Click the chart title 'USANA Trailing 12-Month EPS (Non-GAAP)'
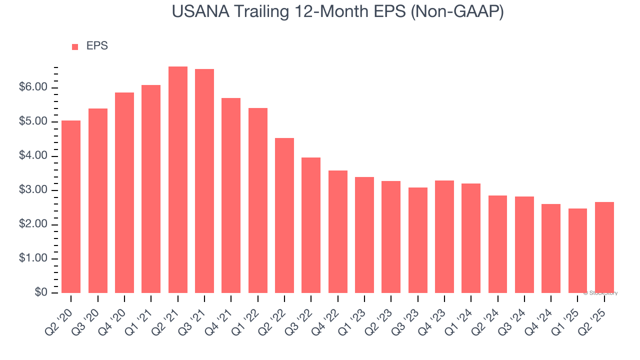(x=337, y=11)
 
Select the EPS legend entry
(x=90, y=46)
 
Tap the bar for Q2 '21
(x=178, y=180)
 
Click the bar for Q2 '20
(x=71, y=206)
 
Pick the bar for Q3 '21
(x=204, y=181)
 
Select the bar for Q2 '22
(x=284, y=215)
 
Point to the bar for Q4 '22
(x=338, y=231)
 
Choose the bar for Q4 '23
(x=444, y=236)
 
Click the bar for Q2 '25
(x=604, y=247)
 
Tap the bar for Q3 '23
(x=417, y=240)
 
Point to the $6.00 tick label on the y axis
(x=34, y=87)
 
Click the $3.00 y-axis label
(x=34, y=190)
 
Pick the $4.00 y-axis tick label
(x=34, y=156)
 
